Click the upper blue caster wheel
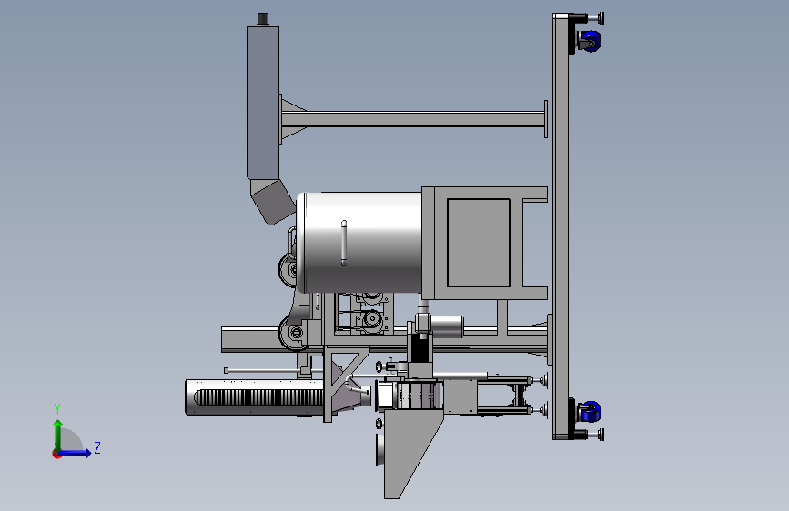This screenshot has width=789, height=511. pos(592,41)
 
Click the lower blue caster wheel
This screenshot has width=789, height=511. pos(592,411)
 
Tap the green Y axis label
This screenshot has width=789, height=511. pos(57,409)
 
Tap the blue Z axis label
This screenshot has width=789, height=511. pos(97,447)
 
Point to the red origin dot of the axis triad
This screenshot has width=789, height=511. pos(56,454)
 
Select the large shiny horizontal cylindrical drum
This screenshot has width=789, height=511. pos(359,243)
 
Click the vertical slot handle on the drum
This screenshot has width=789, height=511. pos(344,243)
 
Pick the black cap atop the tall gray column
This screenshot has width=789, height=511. pos(262,19)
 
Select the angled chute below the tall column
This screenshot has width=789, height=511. pos(272,202)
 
